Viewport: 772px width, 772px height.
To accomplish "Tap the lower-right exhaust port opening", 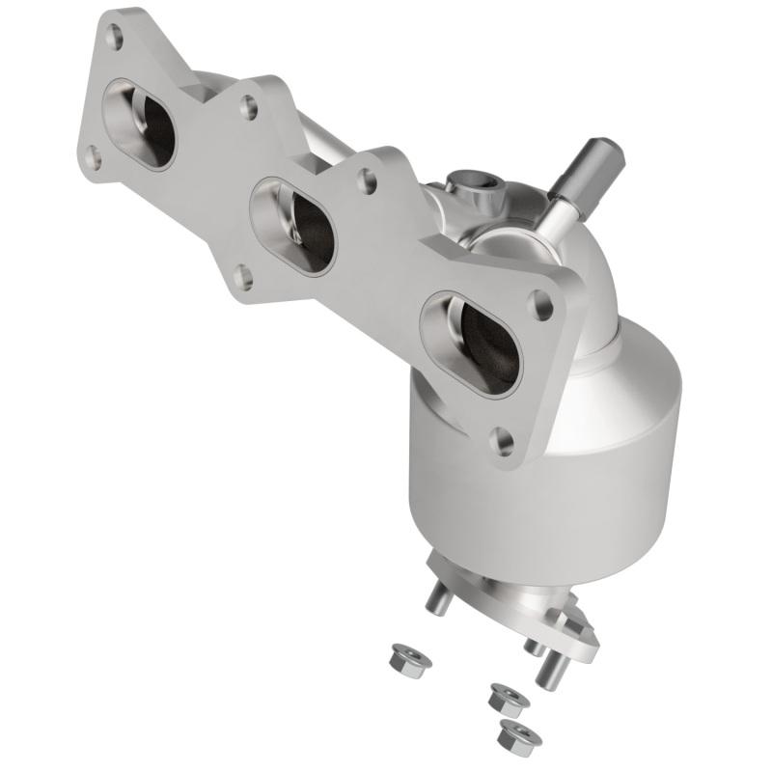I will point(472,342).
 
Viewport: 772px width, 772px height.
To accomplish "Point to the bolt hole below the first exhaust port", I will point(94,158).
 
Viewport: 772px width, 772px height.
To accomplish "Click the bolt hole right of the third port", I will point(543,307).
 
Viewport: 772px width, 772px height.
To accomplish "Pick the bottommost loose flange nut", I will point(519,736).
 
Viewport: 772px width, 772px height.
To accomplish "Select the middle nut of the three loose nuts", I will point(504,697).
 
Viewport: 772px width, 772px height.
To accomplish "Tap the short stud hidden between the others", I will point(531,645).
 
